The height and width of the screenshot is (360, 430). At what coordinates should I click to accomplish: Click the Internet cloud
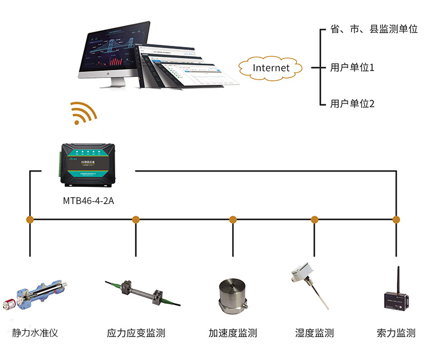[271, 68]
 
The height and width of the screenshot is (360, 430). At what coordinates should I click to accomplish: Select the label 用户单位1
[352, 68]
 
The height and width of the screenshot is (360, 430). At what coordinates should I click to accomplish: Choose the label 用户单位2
[352, 104]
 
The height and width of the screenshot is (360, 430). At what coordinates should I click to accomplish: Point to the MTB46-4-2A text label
[88, 201]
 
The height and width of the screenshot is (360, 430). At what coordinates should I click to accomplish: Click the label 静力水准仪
[36, 333]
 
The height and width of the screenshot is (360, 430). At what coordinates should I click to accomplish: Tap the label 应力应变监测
[136, 333]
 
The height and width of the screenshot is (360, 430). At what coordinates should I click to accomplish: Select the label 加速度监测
[232, 333]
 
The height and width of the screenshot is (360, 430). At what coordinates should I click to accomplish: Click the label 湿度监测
[314, 333]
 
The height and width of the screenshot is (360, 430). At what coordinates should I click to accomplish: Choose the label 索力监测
[396, 333]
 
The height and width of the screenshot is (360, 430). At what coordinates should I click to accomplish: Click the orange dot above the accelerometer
[233, 220]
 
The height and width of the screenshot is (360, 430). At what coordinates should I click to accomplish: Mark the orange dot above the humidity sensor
[314, 220]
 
